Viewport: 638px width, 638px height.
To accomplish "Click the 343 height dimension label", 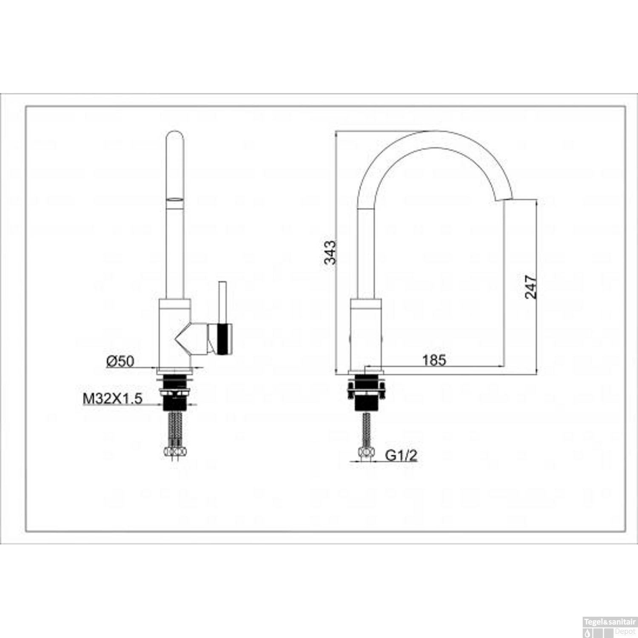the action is tap(330, 252).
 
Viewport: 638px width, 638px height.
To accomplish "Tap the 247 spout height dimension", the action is tap(531, 286).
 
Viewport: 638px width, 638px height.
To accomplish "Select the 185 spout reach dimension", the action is tap(434, 360).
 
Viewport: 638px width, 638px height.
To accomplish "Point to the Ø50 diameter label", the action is tap(120, 361).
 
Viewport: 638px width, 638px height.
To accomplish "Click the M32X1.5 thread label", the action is tap(112, 399).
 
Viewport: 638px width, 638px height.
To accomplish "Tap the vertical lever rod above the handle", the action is tap(222, 302).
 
